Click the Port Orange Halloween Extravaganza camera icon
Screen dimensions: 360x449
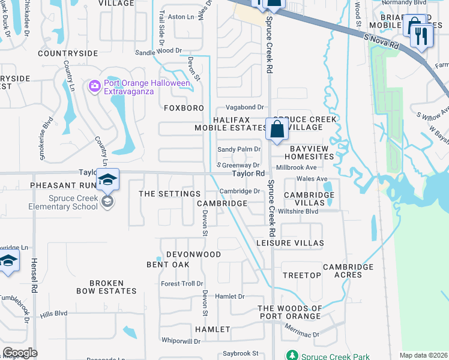point(94,87)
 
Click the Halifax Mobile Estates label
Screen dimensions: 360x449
point(230,124)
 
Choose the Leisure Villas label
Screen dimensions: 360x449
point(290,243)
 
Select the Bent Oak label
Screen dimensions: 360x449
point(168,265)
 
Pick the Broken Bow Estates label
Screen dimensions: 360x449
point(106,287)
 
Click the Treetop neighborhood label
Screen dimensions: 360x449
point(301,275)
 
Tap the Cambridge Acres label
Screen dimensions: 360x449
point(348,271)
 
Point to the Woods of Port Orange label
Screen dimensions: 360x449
point(289,312)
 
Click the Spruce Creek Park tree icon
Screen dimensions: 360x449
point(292,355)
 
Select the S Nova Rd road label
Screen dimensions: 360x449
point(382,41)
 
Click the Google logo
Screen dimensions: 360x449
point(20,353)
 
